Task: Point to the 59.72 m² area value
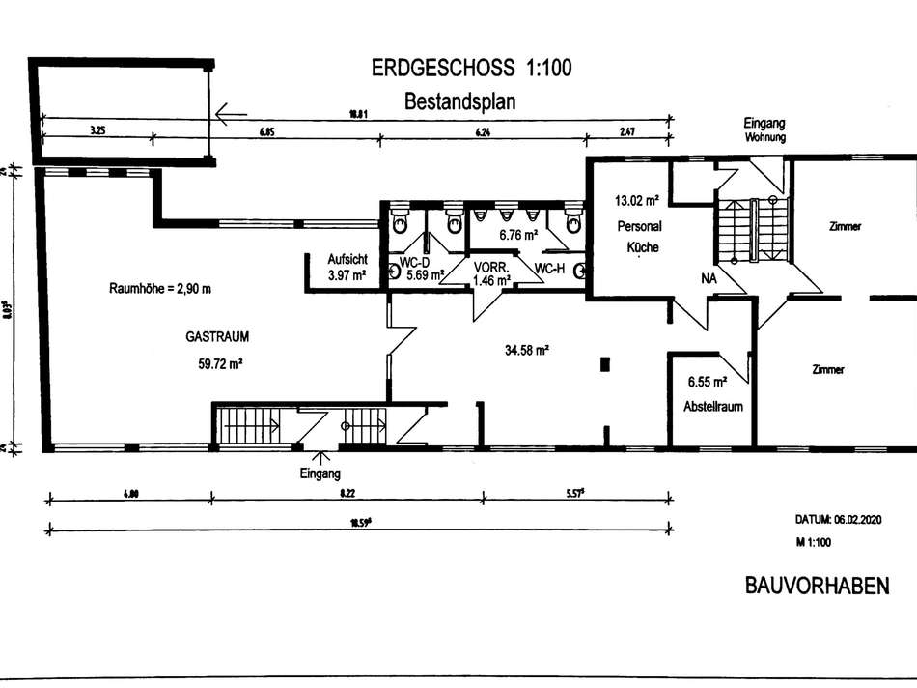(219, 364)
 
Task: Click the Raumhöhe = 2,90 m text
(160, 288)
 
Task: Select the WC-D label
(414, 262)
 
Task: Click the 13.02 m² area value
(636, 202)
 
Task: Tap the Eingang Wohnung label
(764, 129)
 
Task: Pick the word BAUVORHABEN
(817, 587)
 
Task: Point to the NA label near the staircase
(708, 277)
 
